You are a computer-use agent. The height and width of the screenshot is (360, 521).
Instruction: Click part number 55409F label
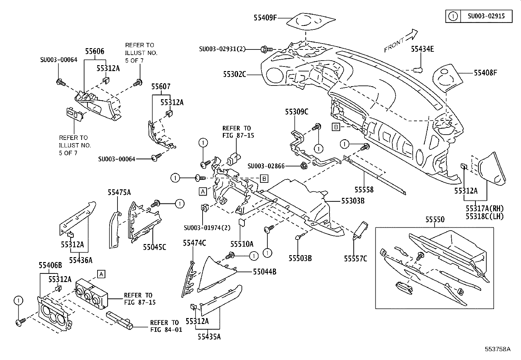[265, 17]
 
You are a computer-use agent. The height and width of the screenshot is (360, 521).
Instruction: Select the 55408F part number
[485, 72]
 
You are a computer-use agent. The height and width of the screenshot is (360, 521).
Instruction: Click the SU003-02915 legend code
[486, 16]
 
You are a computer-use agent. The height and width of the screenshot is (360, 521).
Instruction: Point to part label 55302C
[235, 74]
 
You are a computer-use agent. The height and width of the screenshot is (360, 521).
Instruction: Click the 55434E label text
[422, 49]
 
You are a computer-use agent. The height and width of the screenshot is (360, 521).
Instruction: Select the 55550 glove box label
[435, 219]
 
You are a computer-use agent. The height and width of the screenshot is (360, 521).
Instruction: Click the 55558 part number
[364, 190]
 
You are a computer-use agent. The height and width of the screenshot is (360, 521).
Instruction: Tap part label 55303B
[353, 200]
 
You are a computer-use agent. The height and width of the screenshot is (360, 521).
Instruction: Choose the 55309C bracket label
[296, 112]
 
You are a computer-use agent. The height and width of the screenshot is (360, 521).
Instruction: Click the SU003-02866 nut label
[266, 166]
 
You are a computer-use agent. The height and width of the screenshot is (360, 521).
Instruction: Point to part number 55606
[95, 51]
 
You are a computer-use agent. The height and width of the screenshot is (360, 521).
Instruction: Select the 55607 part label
[161, 86]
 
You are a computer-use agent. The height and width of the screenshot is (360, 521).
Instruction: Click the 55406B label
[50, 265]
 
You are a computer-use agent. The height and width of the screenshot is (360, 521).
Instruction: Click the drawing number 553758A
[498, 349]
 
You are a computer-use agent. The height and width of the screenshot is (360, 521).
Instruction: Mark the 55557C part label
[355, 259]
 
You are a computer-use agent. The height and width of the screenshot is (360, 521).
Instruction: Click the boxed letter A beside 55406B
[101, 274]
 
